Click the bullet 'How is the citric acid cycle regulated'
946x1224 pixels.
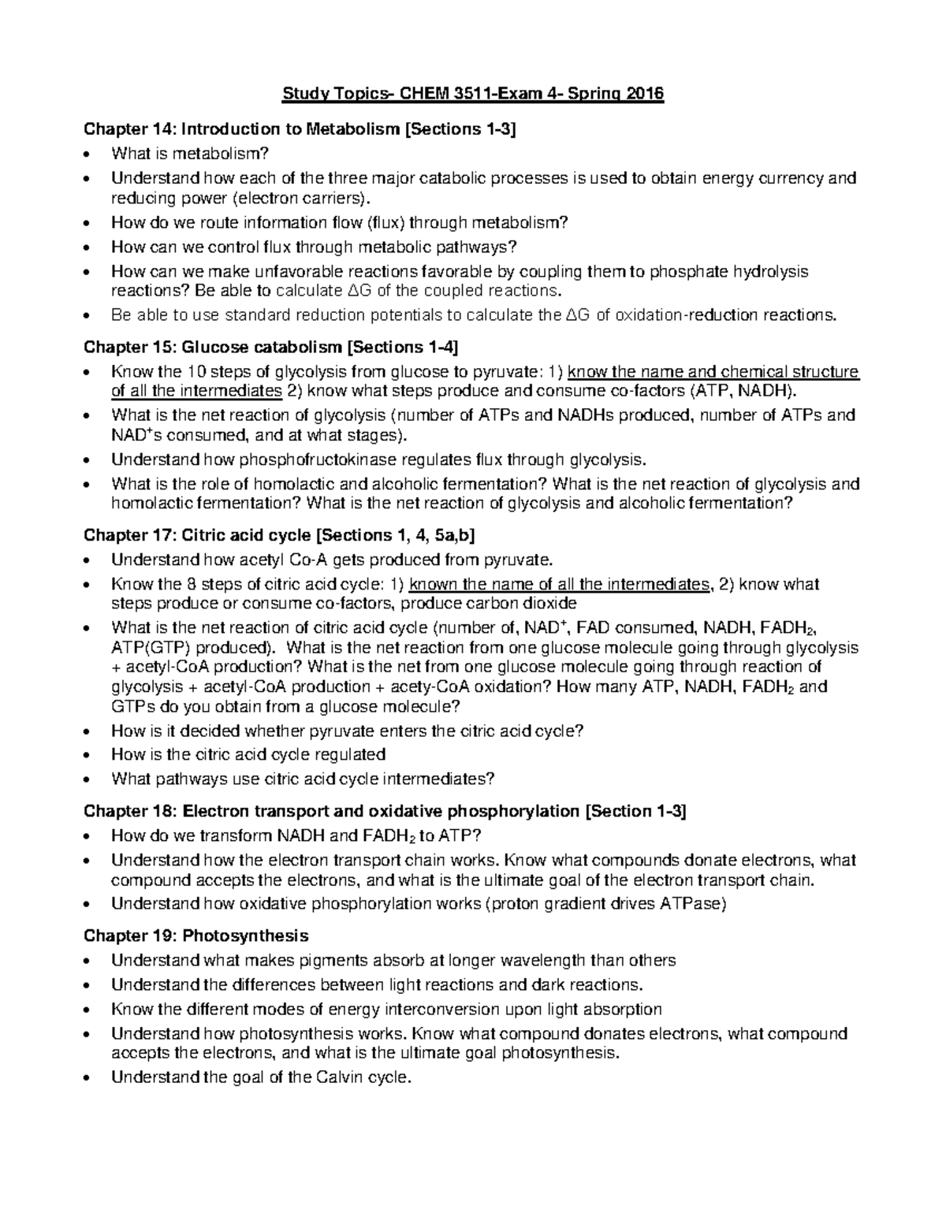pos(248,754)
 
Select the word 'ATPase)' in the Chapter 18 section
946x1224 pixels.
pos(694,904)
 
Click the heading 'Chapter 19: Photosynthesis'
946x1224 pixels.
pos(196,936)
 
